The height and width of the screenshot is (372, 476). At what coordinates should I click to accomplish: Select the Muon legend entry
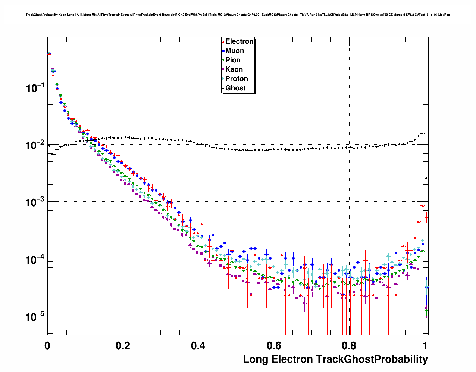pyautogui.click(x=234, y=51)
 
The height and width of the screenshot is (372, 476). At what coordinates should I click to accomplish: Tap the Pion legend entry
pyautogui.click(x=233, y=60)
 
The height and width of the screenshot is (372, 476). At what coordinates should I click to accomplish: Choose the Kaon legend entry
pyautogui.click(x=234, y=69)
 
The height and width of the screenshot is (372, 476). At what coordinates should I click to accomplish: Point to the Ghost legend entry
pyautogui.click(x=235, y=88)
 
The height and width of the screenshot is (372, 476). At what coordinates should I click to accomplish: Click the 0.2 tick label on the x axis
pyautogui.click(x=123, y=345)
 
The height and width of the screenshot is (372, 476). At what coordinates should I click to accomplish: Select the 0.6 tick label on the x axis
pyautogui.click(x=274, y=345)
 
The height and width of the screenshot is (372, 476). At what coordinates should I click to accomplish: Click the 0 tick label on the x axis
pyautogui.click(x=47, y=345)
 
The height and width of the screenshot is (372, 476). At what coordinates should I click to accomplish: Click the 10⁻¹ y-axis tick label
pyautogui.click(x=35, y=88)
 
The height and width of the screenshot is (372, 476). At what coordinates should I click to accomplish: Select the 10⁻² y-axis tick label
pyautogui.click(x=35, y=145)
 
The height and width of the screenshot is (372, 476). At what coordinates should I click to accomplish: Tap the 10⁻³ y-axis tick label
pyautogui.click(x=35, y=202)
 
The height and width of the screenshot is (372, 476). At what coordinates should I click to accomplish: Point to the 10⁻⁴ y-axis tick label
pyautogui.click(x=35, y=260)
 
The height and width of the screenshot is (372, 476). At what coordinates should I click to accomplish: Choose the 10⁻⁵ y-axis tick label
pyautogui.click(x=35, y=317)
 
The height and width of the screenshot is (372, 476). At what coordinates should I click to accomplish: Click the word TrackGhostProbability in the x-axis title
pyautogui.click(x=372, y=359)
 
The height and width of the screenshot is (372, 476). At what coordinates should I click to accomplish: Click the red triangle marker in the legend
pyautogui.click(x=223, y=41)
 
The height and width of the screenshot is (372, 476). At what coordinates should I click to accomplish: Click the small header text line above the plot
pyautogui.click(x=238, y=15)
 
